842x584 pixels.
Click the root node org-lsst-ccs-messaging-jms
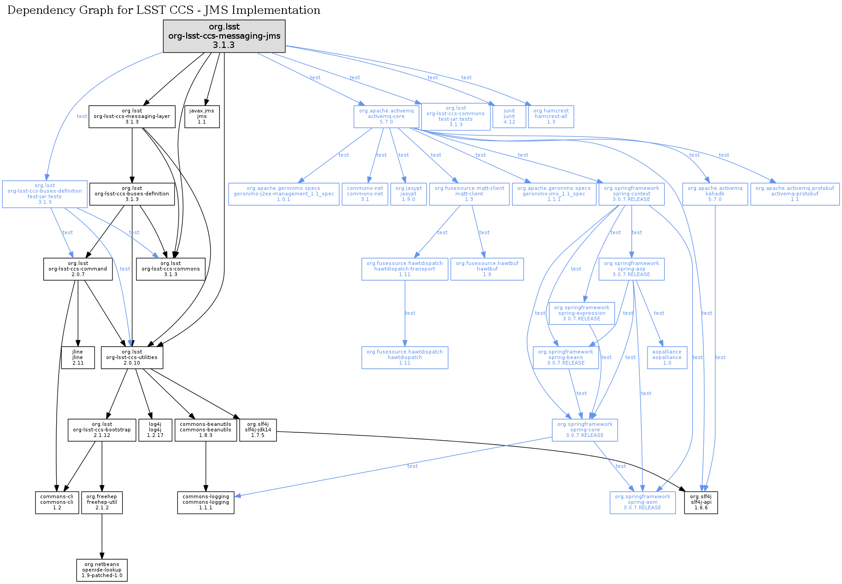tap(224, 36)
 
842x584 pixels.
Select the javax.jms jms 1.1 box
tap(202, 117)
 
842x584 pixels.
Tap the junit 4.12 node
tap(509, 117)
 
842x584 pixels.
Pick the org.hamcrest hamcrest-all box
tap(551, 117)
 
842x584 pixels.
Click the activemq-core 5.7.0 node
tap(386, 117)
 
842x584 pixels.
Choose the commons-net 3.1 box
tap(365, 194)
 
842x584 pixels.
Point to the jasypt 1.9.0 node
tap(408, 194)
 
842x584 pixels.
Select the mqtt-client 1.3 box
tap(469, 194)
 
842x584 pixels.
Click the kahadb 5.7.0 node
tap(715, 194)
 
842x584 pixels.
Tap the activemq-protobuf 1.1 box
tap(795, 194)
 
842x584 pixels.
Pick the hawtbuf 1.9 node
tap(487, 269)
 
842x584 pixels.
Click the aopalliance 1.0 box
tap(667, 358)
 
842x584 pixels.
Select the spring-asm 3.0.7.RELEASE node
tap(642, 502)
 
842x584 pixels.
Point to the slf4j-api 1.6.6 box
tap(701, 502)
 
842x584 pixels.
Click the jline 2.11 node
tap(78, 358)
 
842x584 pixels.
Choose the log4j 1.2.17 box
tap(155, 430)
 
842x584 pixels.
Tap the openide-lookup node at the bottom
tap(102, 570)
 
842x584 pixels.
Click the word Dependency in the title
tap(35, 10)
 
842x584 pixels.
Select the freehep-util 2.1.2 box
tap(102, 502)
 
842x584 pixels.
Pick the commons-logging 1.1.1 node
tap(206, 502)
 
